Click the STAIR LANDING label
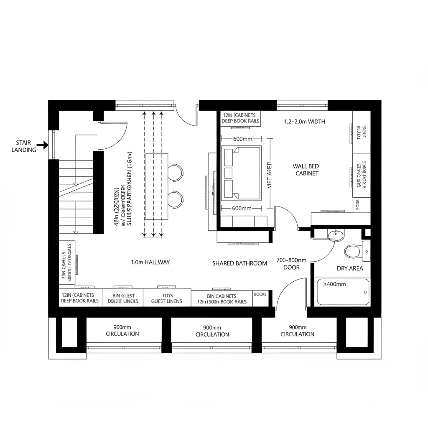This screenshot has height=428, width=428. pos(23,146)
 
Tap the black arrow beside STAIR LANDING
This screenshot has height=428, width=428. pos(43,146)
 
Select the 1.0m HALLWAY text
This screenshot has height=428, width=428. pos(150,262)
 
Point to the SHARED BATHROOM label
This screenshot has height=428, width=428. pos(239,263)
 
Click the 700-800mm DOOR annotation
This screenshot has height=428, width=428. pos(291,263)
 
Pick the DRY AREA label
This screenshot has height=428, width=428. pos(350,268)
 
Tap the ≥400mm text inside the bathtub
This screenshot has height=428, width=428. pos(335,284)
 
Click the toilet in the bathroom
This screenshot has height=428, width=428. pos(352,251)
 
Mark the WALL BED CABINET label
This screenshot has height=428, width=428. pos(306,170)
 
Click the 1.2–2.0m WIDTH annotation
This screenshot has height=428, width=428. pos(304,122)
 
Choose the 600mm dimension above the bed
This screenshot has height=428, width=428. pos(242,139)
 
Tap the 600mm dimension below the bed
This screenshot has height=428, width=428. pos(242,208)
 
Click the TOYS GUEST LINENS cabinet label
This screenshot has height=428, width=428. pos(166,298)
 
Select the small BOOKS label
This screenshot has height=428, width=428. pos(260,294)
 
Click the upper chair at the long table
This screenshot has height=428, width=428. pos(176,172)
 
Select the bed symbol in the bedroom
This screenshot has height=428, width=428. pos(241,172)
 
